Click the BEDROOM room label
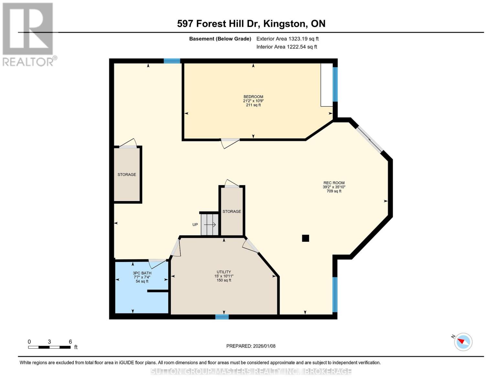pyautogui.click(x=253, y=97)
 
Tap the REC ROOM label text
pyautogui.click(x=334, y=183)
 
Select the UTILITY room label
pyautogui.click(x=224, y=272)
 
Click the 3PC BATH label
pyautogui.click(x=142, y=273)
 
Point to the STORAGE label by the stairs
pyautogui.click(x=232, y=211)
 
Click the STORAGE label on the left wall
pyautogui.click(x=127, y=175)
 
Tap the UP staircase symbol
pyautogui.click(x=209, y=224)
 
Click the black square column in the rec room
pyautogui.click(x=305, y=238)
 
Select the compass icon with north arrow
pyautogui.click(x=463, y=342)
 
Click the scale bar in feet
pyautogui.click(x=49, y=347)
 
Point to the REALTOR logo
pyautogui.click(x=28, y=34)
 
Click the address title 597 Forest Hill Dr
pyautogui.click(x=251, y=24)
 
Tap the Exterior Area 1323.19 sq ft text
pyautogui.click(x=287, y=39)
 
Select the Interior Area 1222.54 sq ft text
pyautogui.click(x=286, y=47)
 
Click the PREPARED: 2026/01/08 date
pyautogui.click(x=251, y=346)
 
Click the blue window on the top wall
pyautogui.click(x=172, y=61)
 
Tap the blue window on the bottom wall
pyautogui.click(x=222, y=317)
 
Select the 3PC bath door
pyautogui.click(x=157, y=263)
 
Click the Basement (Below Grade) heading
pyautogui.click(x=220, y=39)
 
